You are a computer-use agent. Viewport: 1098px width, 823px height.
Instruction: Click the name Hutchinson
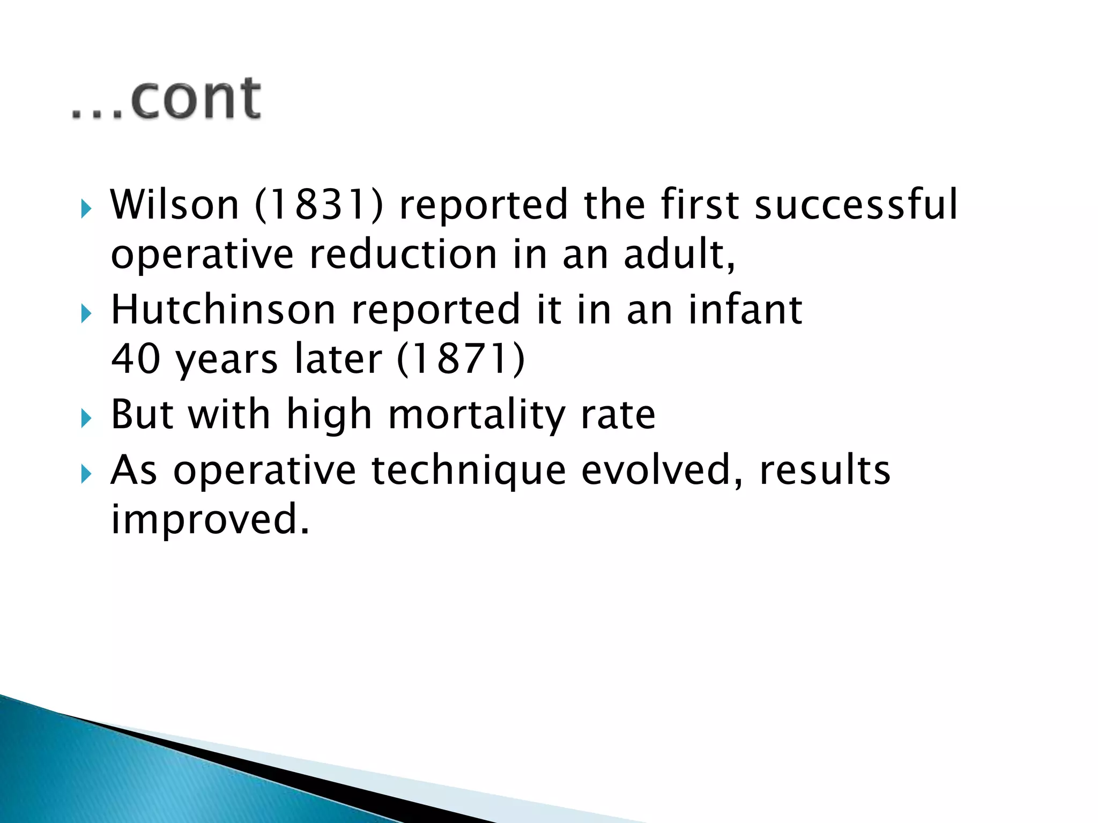coord(223,309)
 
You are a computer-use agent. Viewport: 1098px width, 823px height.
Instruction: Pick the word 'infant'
coord(745,309)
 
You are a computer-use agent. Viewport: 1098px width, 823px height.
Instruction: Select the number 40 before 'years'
coord(136,358)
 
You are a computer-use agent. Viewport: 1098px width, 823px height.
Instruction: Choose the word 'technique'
coord(469,470)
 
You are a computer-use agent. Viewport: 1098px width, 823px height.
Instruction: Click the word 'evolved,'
coord(663,470)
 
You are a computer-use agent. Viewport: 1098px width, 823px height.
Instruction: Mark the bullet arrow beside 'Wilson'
coord(86,208)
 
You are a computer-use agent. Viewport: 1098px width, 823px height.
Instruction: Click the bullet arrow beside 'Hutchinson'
coord(86,313)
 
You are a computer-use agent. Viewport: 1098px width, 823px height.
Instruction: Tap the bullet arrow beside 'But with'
coord(86,418)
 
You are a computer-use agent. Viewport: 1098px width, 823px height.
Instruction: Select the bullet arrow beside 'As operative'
coord(86,473)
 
